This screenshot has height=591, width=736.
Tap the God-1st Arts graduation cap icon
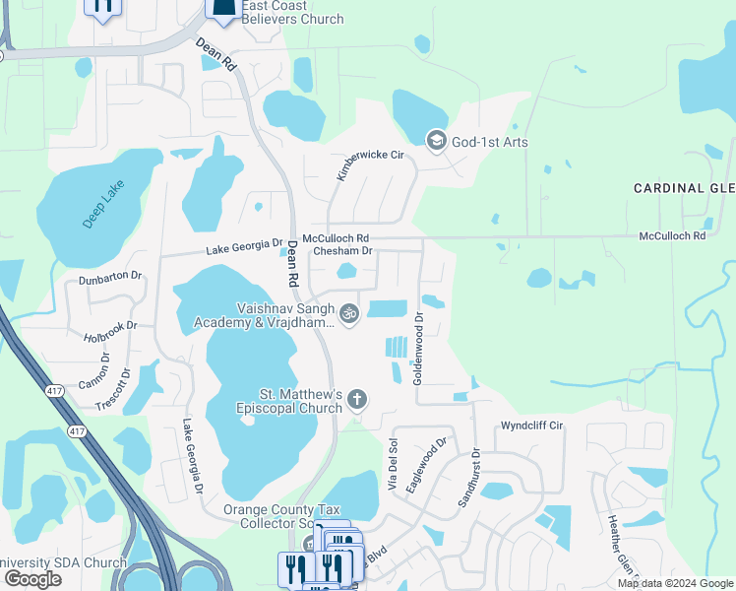[x=436, y=142]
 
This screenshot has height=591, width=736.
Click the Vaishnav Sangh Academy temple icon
[x=348, y=314]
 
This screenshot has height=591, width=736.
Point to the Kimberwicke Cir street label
[x=357, y=158]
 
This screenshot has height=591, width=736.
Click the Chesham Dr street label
[x=342, y=251]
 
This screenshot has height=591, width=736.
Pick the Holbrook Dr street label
[x=111, y=331]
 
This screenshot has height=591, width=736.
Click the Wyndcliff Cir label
[x=531, y=426]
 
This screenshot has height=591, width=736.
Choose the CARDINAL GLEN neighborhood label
[x=684, y=188]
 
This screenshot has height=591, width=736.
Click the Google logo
[x=32, y=579]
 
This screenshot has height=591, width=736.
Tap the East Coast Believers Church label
[x=293, y=12]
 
